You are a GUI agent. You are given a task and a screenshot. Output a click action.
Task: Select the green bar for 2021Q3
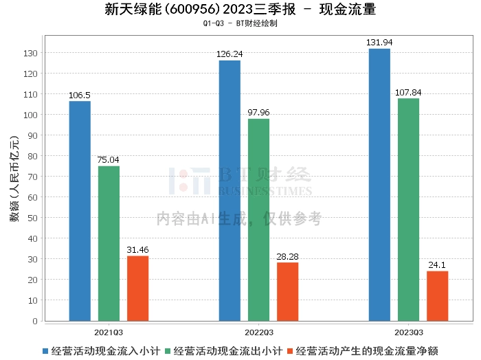109,243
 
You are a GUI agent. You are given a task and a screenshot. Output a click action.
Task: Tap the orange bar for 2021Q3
137,288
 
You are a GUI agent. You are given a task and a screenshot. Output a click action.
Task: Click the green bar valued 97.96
258,220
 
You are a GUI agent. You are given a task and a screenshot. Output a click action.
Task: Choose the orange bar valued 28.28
287,291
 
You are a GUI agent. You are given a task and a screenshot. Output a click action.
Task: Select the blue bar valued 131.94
379,185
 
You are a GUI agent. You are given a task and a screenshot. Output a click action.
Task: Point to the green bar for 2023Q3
408,210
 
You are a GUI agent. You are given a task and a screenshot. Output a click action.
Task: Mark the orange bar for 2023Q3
437,295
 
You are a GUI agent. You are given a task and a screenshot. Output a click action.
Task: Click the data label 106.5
80,95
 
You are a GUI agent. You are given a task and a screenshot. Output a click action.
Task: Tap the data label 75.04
109,160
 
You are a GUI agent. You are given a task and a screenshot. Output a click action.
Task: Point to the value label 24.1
437,265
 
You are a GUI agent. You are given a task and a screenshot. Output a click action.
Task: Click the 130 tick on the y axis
32,53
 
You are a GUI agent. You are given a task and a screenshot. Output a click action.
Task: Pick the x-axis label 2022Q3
258,331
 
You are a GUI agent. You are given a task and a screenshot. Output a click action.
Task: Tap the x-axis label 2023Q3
408,331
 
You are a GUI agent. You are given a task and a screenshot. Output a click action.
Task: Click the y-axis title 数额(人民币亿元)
14,185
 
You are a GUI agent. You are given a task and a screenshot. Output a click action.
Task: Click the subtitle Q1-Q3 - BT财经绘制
240,23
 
